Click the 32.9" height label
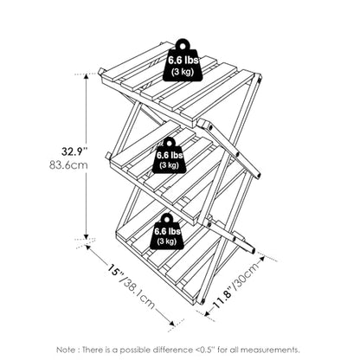[74, 151]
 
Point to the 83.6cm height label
[68, 165]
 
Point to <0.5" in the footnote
[204, 350]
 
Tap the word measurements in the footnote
[270, 350]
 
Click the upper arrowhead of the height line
[86, 77]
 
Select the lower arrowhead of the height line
[86, 236]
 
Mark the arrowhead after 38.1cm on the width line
[171, 324]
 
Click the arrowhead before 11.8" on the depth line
[208, 313]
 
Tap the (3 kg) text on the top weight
[183, 72]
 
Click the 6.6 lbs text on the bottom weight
[167, 231]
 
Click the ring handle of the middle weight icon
[170, 143]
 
